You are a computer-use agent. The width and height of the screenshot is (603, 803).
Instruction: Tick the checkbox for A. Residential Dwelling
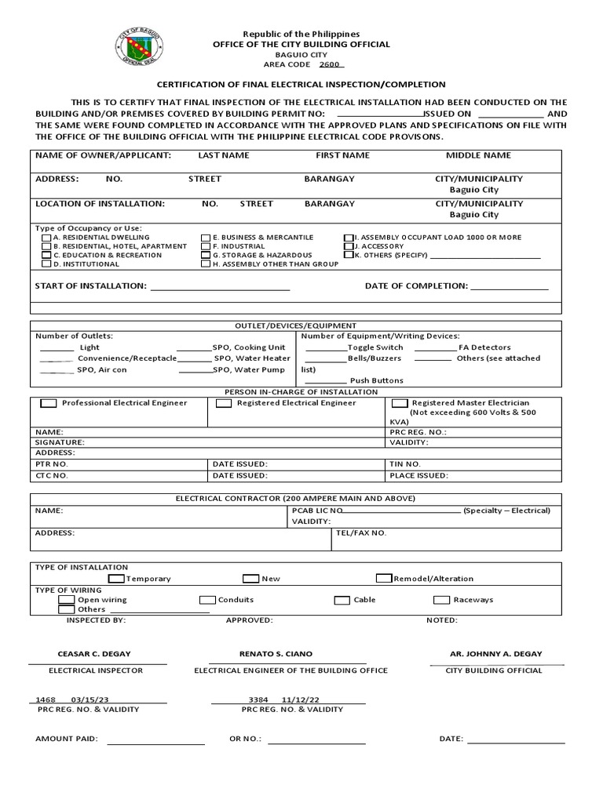(47, 238)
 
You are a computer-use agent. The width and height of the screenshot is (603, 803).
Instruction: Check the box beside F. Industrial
(206, 246)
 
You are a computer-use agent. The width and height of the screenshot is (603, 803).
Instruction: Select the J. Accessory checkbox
(349, 246)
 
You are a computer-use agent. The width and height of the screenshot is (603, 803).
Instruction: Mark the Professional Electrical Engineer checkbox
(49, 403)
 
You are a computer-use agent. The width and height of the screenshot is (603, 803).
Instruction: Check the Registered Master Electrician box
(400, 403)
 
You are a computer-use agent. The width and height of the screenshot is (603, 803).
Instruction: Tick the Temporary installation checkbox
(115, 579)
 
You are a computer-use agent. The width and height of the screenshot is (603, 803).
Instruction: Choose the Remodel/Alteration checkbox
(384, 579)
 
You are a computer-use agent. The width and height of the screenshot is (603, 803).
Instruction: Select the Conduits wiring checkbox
(207, 600)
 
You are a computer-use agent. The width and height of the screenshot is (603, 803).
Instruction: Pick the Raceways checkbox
(440, 600)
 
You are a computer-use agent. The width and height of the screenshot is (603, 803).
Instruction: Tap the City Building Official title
(494, 670)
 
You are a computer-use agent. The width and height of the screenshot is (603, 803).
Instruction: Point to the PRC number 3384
(258, 699)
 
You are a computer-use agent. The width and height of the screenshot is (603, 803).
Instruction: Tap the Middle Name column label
(478, 155)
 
